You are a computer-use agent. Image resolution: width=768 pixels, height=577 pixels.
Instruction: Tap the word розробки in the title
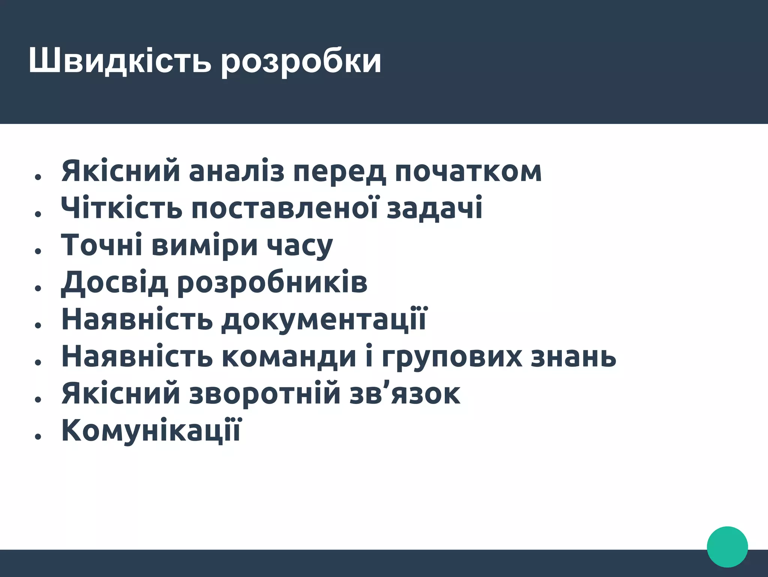(301, 62)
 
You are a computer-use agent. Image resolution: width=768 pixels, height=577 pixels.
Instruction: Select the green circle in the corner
(727, 547)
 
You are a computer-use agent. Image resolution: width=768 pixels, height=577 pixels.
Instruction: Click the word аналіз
(236, 172)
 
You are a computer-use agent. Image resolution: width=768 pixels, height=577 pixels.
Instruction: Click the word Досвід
(114, 283)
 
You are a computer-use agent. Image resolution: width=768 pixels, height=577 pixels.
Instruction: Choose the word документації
(324, 319)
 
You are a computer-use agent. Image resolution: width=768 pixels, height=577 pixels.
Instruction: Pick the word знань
(573, 357)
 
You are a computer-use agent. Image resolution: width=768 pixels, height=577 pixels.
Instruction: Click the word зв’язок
(405, 393)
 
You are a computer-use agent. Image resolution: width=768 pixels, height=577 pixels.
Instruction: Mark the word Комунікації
(151, 430)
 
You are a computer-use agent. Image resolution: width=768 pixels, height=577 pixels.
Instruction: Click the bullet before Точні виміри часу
(37, 251)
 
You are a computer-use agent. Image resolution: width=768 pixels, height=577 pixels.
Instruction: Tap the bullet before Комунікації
(37, 436)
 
